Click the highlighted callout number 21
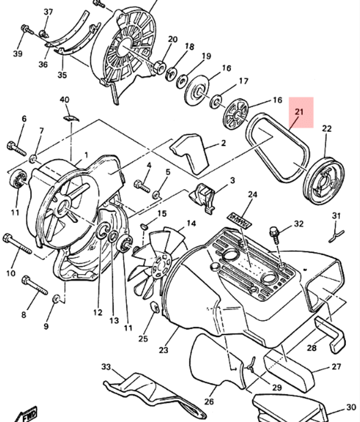click(x=299, y=112)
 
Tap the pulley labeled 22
click(x=324, y=181)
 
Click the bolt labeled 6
click(x=16, y=148)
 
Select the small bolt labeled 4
click(x=142, y=186)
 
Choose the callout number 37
click(x=48, y=12)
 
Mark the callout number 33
click(x=106, y=367)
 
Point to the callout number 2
click(x=223, y=143)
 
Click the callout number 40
click(x=64, y=99)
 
